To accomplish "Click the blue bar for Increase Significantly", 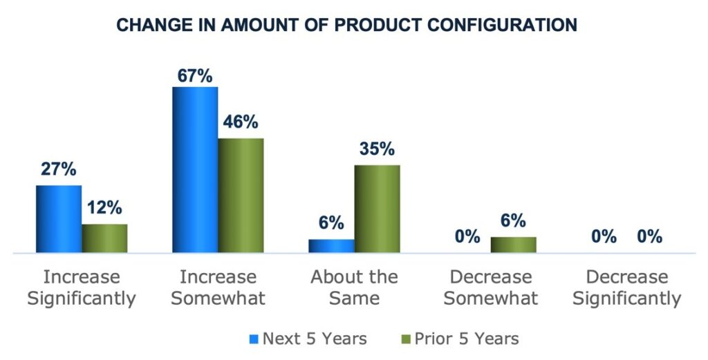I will click(59, 220).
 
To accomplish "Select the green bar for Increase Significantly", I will click(104, 239).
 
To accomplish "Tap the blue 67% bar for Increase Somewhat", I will click(195, 171).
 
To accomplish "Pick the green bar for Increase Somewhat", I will click(241, 196).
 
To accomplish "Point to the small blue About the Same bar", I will click(331, 247).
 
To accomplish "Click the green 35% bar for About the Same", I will click(377, 209).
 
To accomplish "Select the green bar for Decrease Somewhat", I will click(513, 245).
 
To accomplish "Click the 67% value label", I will click(194, 75).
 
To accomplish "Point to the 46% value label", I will click(241, 123).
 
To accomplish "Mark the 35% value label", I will click(377, 149).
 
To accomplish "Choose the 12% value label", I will click(104, 207).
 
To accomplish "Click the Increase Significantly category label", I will click(82, 288).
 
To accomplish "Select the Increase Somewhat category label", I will click(218, 288).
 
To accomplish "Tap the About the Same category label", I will click(354, 288).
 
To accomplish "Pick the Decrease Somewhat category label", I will click(490, 288).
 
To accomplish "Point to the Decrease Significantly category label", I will click(626, 288).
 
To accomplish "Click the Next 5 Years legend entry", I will click(308, 339).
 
